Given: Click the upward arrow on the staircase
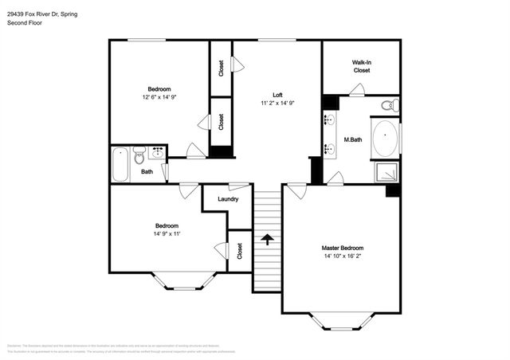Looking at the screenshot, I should (268, 238).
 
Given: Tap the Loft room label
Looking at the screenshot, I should (277, 95).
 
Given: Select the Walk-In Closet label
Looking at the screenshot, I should (362, 66).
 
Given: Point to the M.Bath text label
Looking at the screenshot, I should (354, 140).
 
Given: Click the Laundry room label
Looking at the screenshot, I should (228, 198).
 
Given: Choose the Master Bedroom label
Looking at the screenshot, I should (342, 248).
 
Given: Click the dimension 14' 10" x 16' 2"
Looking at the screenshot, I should (342, 256).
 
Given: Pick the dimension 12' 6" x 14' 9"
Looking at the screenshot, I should (159, 97).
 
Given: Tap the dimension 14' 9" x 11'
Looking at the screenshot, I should (167, 233).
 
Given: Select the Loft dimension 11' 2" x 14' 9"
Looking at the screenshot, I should (277, 104).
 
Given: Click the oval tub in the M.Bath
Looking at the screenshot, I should (386, 138).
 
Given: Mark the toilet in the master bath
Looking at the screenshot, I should (387, 105).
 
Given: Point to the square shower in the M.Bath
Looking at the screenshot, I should (385, 171).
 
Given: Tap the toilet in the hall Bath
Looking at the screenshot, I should (139, 155).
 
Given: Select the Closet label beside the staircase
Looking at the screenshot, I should (239, 251).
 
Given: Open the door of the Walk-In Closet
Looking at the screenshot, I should (358, 90).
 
